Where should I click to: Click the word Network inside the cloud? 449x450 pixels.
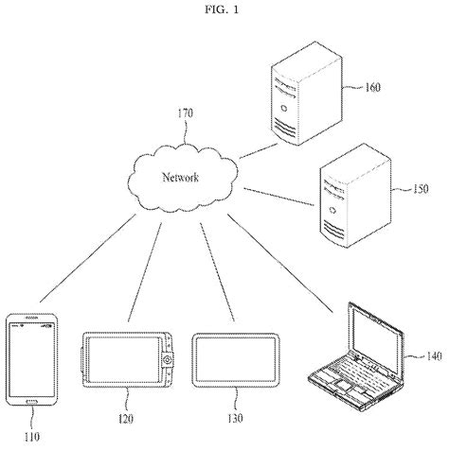[x=180, y=178]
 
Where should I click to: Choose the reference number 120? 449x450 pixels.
[x=127, y=416]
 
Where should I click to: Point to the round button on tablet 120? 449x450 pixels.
[x=168, y=360]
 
